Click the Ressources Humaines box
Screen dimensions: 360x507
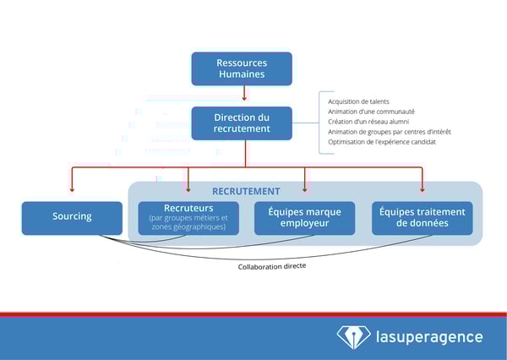(242, 68)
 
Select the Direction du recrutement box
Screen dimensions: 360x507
(242, 123)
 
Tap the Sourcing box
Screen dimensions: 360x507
(72, 217)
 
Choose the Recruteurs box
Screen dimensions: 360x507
(188, 217)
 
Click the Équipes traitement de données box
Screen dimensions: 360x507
(422, 217)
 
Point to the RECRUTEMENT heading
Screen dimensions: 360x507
(246, 191)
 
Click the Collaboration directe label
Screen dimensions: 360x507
(272, 265)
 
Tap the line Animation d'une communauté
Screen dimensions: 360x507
(371, 112)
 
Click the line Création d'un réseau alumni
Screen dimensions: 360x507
(369, 122)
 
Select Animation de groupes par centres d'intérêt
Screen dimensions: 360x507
(389, 132)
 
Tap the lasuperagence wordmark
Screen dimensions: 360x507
(429, 337)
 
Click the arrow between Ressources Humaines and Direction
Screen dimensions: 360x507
(244, 95)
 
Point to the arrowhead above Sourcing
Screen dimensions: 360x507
(72, 189)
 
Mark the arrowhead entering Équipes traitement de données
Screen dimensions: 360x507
(422, 189)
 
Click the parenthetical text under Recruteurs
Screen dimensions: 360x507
(188, 223)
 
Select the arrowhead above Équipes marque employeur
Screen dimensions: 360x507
(304, 189)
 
